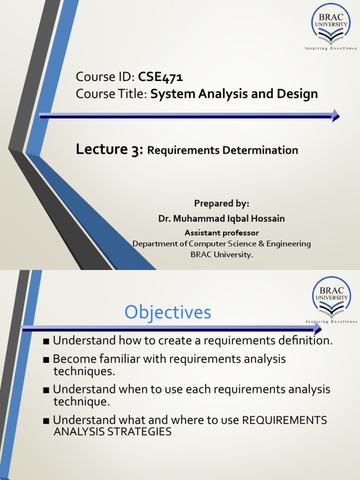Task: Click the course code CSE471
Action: (160, 77)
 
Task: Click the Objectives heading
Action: (168, 313)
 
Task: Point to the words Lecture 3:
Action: (109, 150)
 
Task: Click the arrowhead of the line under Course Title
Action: (335, 115)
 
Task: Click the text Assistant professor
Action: (222, 232)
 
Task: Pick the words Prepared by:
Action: (222, 203)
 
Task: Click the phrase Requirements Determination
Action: (223, 150)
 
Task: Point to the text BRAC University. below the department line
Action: (221, 255)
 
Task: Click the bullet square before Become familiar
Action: (46, 360)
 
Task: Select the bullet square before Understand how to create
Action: (46, 341)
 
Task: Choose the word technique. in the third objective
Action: (83, 401)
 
